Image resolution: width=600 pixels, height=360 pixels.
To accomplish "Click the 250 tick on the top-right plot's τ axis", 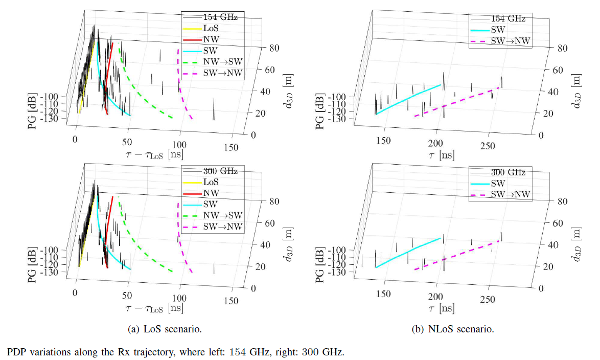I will [488, 147].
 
